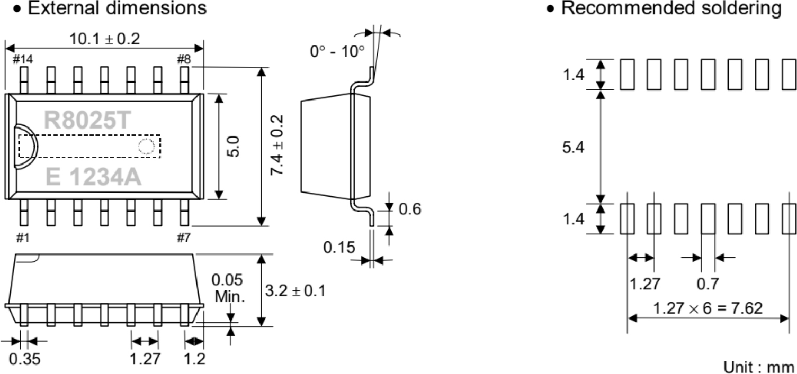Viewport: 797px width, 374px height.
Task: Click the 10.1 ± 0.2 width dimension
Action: coord(105,39)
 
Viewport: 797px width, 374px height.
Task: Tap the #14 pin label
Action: coord(23,59)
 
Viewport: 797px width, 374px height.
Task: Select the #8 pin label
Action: coord(184,59)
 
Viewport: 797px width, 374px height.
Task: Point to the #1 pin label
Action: coord(23,238)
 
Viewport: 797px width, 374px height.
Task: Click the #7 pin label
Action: coord(184,238)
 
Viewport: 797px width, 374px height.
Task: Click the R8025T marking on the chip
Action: coord(87,120)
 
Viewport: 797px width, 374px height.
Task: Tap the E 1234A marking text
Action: coord(93,177)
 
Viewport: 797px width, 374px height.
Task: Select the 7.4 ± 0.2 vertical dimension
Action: coord(277,145)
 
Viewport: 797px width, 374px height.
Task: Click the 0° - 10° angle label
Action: coord(337,51)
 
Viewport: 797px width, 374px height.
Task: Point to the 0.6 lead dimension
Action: coord(410,209)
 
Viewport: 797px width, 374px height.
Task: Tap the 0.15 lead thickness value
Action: coord(339,248)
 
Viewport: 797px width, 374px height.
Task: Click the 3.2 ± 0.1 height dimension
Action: coord(295,291)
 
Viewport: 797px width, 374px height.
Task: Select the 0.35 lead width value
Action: coord(24,359)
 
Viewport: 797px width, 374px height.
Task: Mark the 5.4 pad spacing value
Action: coord(573,147)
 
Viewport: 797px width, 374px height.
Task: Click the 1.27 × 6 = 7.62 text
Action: coord(708,308)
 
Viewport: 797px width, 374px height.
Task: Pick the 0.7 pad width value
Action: coord(708,284)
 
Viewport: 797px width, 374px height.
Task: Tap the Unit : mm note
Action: coord(758,367)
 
